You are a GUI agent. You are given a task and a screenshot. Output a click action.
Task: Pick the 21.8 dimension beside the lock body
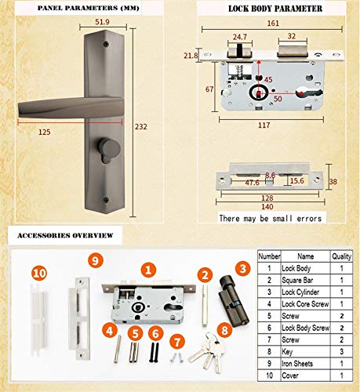213,56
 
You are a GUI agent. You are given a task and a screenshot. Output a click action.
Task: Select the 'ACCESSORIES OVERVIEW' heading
64,234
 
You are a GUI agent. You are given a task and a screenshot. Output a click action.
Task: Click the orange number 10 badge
39,273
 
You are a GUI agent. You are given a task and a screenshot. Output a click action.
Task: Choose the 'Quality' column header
342,255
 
